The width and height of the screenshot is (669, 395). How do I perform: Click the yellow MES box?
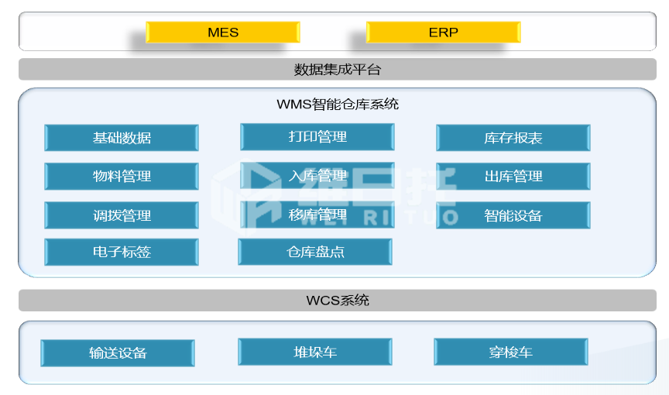pyautogui.click(x=223, y=32)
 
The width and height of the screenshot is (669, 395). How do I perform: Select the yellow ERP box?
pyautogui.click(x=444, y=32)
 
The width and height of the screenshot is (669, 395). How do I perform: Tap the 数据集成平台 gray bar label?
pyautogui.click(x=337, y=69)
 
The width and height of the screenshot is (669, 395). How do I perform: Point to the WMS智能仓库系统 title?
pyautogui.click(x=338, y=104)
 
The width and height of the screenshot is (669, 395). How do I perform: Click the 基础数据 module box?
pyautogui.click(x=122, y=138)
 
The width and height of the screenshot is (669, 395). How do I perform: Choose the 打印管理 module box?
pyautogui.click(x=317, y=136)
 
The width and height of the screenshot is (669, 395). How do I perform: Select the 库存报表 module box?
pyautogui.click(x=513, y=138)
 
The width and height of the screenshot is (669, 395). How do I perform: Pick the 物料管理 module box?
pyautogui.click(x=122, y=176)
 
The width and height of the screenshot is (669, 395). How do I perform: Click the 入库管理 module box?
pyautogui.click(x=317, y=175)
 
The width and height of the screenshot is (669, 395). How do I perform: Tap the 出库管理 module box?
pyautogui.click(x=513, y=176)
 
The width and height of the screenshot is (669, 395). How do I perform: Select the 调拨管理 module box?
pyautogui.click(x=122, y=215)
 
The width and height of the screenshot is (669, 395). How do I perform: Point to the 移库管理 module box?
pyautogui.click(x=317, y=214)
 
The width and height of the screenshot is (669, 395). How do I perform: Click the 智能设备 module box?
pyautogui.click(x=513, y=215)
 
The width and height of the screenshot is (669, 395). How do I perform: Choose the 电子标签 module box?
pyautogui.click(x=122, y=252)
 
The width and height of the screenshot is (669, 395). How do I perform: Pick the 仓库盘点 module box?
pyautogui.click(x=315, y=252)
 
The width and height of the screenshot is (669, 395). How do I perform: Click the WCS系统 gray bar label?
pyautogui.click(x=338, y=301)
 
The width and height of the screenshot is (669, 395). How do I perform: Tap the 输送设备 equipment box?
pyautogui.click(x=118, y=352)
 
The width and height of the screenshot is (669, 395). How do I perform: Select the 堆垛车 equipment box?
pyautogui.click(x=315, y=352)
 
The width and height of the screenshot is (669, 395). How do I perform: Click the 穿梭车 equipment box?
pyautogui.click(x=511, y=352)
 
